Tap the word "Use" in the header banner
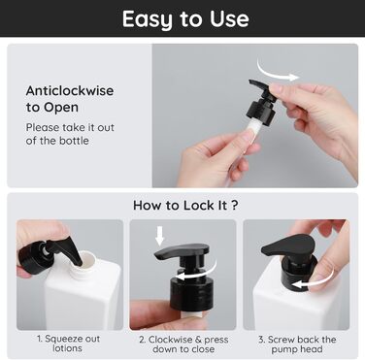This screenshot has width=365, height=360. click(x=229, y=18)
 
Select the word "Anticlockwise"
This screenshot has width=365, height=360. click(x=70, y=90)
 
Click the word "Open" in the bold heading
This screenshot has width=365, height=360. click(x=61, y=108)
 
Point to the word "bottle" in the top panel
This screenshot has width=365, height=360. click(x=74, y=141)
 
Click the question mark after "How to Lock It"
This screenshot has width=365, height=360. click(x=235, y=205)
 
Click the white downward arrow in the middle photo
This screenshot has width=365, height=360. click(x=159, y=235)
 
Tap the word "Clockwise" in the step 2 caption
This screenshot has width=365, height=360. click(x=167, y=340)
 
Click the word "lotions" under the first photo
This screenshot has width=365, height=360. click(x=67, y=348)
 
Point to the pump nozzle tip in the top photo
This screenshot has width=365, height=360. click(x=251, y=82)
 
